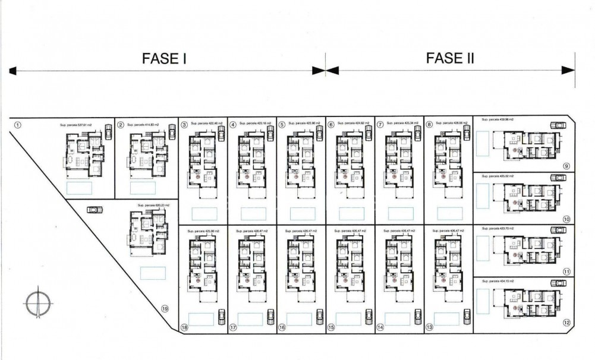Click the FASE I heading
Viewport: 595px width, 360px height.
pyautogui.click(x=165, y=58)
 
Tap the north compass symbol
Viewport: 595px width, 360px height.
pyautogui.click(x=37, y=302)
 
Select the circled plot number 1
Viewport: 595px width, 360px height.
pyautogui.click(x=18, y=125)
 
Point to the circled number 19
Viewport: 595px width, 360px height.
pyautogui.click(x=165, y=308)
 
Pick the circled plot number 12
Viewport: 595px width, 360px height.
pyautogui.click(x=566, y=323)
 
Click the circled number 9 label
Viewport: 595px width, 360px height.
pyautogui.click(x=566, y=166)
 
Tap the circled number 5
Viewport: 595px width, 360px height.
pyautogui.click(x=282, y=125)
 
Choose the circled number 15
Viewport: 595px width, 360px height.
pyautogui.click(x=331, y=327)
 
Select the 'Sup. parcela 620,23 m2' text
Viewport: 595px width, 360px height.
pyautogui.click(x=154, y=206)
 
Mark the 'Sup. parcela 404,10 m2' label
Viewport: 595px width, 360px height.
pyautogui.click(x=498, y=281)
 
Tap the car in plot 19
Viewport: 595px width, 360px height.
pyautogui.click(x=94, y=209)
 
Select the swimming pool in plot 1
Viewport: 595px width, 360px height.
pyautogui.click(x=79, y=188)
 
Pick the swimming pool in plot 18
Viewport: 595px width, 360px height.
pyautogui.click(x=201, y=319)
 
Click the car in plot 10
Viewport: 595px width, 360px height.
pyautogui.click(x=558, y=178)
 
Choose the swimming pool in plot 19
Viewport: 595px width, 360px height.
pyautogui.click(x=153, y=273)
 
